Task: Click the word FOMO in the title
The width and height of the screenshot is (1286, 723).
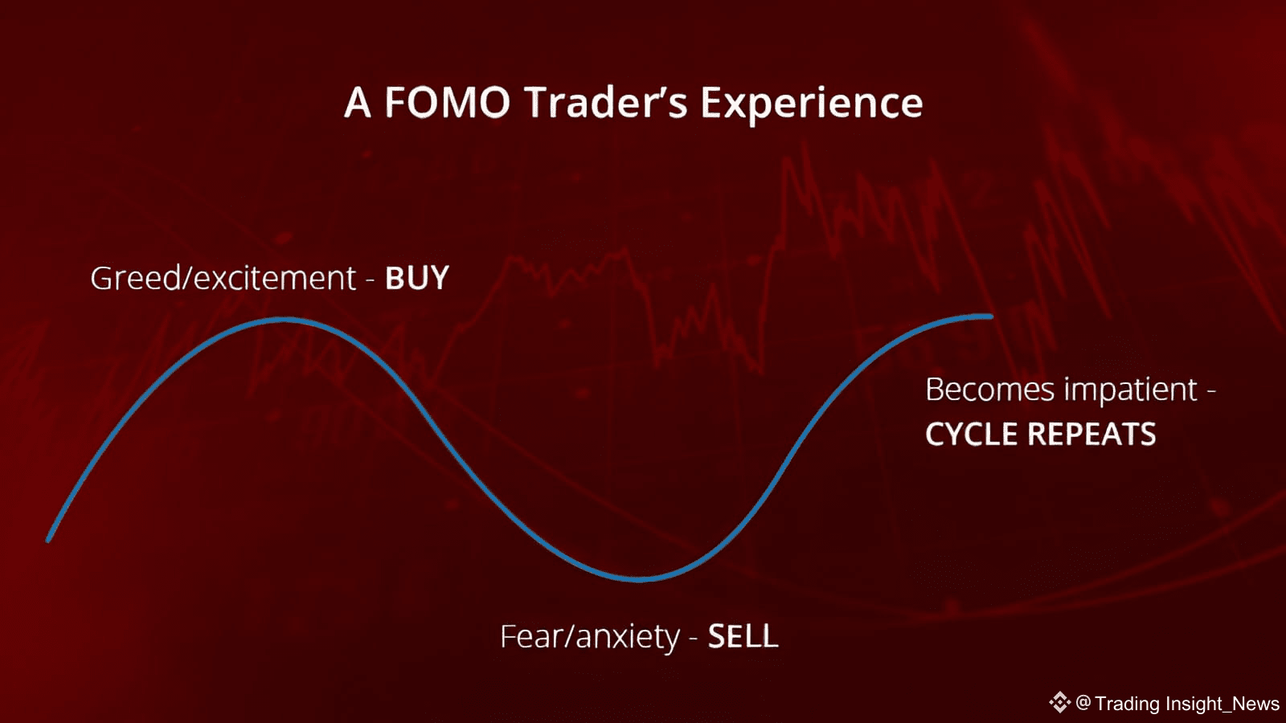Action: point(447,103)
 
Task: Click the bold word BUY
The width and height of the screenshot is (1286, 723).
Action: point(417,278)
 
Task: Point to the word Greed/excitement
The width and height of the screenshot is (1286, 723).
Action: point(223,278)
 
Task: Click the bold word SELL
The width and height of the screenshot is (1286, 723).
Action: point(743,636)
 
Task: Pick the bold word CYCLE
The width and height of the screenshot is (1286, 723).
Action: point(973,434)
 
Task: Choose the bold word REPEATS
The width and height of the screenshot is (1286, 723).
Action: point(1092,434)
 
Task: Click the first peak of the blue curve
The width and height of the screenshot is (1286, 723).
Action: point(285,321)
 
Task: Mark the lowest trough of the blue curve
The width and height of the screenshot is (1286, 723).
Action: point(638,579)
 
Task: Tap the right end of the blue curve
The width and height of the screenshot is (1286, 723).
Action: point(992,317)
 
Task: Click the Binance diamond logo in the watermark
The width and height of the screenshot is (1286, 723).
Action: point(1060,702)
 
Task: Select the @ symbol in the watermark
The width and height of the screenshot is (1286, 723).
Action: point(1083,703)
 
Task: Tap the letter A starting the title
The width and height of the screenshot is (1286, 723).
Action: point(357,103)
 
